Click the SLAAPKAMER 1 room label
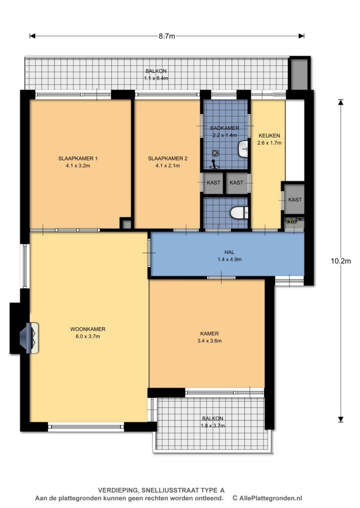(78, 162)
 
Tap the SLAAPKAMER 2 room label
(168, 162)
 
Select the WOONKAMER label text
(88, 329)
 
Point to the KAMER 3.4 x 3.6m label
(210, 337)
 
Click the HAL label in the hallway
(229, 252)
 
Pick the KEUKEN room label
(269, 136)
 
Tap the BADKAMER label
(225, 128)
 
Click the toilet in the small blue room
(239, 213)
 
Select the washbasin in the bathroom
(243, 149)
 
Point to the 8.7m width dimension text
(167, 36)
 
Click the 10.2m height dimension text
(341, 261)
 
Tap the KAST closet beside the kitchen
(294, 199)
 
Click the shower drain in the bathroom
(215, 153)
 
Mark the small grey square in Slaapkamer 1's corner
(127, 224)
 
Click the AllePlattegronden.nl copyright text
(267, 498)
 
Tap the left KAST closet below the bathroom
(214, 183)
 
